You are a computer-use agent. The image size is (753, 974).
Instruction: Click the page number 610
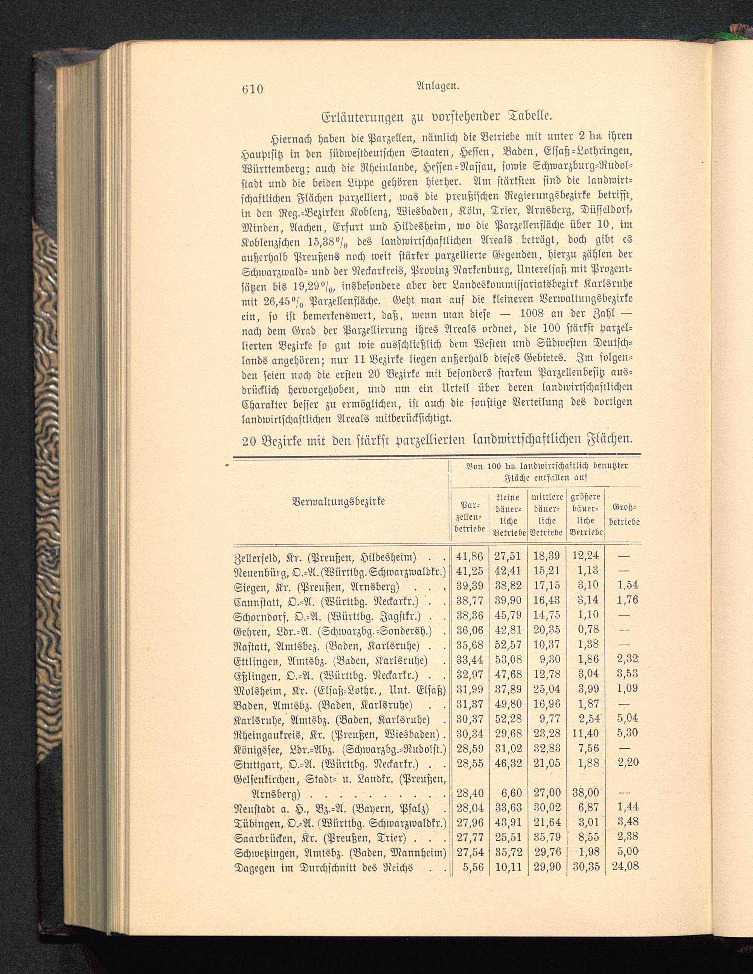[253, 89]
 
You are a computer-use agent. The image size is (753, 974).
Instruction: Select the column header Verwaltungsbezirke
[338, 501]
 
